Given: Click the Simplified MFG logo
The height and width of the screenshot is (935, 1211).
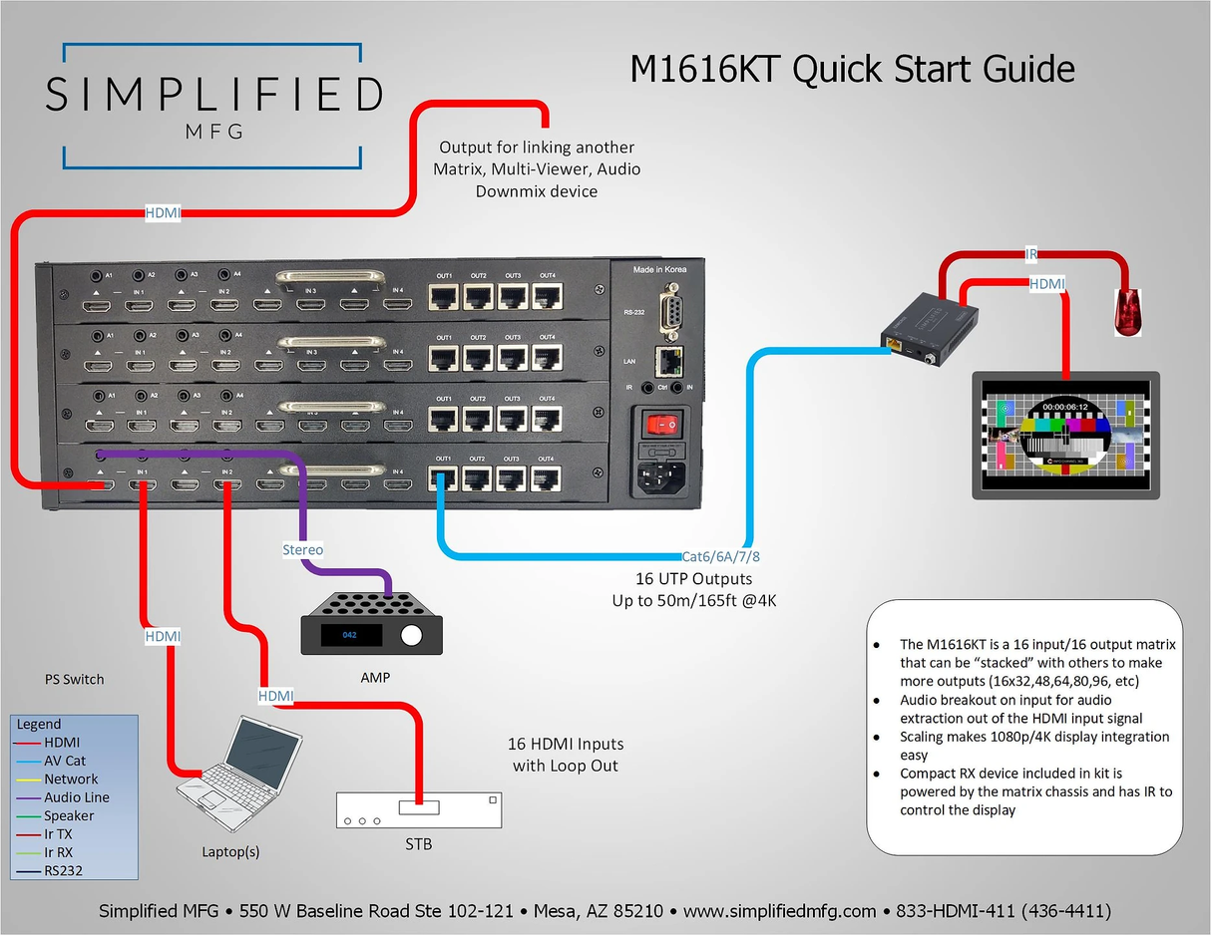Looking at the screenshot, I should pyautogui.click(x=213, y=104).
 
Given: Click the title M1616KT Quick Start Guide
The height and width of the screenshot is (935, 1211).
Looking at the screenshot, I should pyautogui.click(x=852, y=69).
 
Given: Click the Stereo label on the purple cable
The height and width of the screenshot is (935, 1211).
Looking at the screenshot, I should pyautogui.click(x=303, y=549).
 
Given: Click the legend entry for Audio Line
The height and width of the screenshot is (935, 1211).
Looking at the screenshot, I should pyautogui.click(x=76, y=797).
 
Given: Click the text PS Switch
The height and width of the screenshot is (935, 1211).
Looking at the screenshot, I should pyautogui.click(x=74, y=679).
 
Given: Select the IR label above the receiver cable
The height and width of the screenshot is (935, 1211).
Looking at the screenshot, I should pyautogui.click(x=1031, y=255).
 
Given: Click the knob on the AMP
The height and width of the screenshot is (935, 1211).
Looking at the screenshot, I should pyautogui.click(x=410, y=635).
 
